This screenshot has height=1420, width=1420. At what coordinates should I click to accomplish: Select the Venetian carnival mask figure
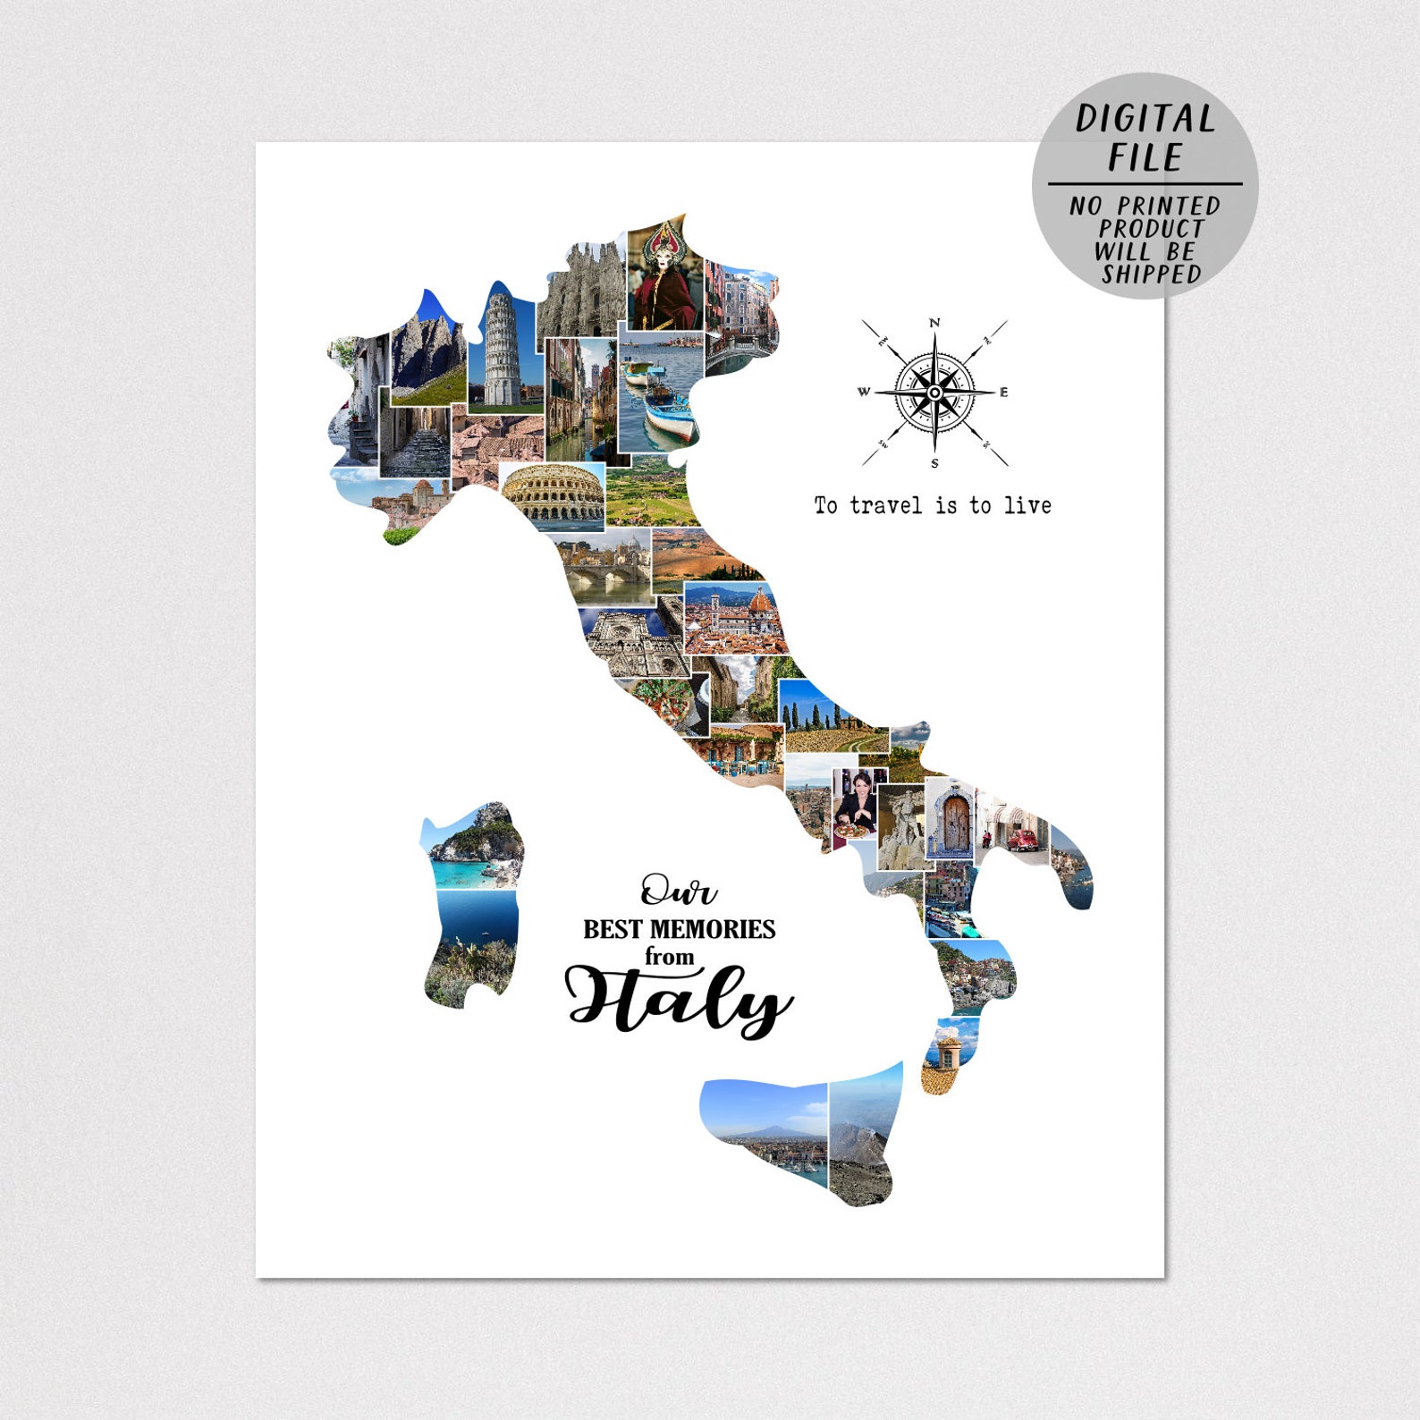tap(664, 277)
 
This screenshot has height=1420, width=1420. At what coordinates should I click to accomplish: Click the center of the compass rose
tap(934, 393)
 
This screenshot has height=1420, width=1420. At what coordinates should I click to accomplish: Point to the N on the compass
tap(934, 323)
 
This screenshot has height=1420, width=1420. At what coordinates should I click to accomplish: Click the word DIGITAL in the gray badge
tap(1145, 120)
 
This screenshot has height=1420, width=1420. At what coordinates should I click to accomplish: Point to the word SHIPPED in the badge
tap(1151, 275)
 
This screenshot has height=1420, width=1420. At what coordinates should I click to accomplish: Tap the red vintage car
tap(1021, 840)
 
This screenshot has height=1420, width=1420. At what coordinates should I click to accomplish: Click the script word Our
tap(678, 891)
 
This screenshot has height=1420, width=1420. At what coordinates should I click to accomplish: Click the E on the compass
tap(1003, 393)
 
